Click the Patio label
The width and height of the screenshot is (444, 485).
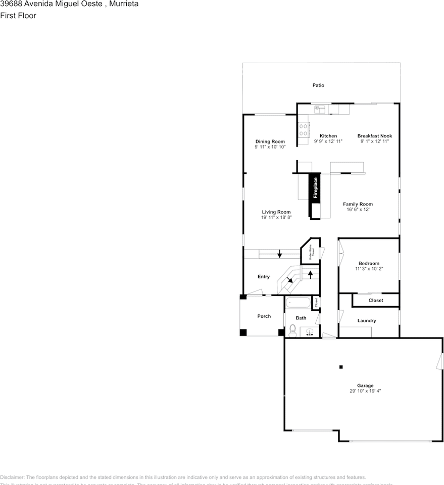click(x=318, y=85)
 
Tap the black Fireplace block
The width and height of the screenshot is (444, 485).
click(x=315, y=189)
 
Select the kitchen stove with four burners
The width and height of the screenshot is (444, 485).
click(x=304, y=129)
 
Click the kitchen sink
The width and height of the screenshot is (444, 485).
click(x=320, y=108)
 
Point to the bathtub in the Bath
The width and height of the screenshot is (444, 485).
click(x=298, y=304)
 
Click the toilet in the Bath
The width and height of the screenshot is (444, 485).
click(x=292, y=330)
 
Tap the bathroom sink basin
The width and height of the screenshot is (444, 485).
click(x=310, y=332)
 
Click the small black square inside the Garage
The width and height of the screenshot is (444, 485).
click(x=341, y=367)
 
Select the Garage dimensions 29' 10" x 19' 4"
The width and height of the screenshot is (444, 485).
click(x=361, y=391)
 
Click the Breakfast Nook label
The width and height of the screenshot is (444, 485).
click(x=374, y=136)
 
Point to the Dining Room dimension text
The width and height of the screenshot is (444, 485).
click(x=270, y=147)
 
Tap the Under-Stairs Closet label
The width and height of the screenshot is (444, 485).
click(x=312, y=251)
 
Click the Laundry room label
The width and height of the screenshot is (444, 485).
click(x=367, y=321)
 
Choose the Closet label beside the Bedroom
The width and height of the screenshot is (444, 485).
click(x=376, y=300)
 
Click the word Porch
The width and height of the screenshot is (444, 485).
click(x=264, y=316)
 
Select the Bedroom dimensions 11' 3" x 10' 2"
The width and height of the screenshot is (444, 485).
click(x=369, y=269)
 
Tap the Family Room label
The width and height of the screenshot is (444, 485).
click(x=358, y=204)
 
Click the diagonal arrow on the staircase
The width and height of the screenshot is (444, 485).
click(x=290, y=279)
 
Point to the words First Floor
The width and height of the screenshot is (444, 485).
click(x=18, y=15)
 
